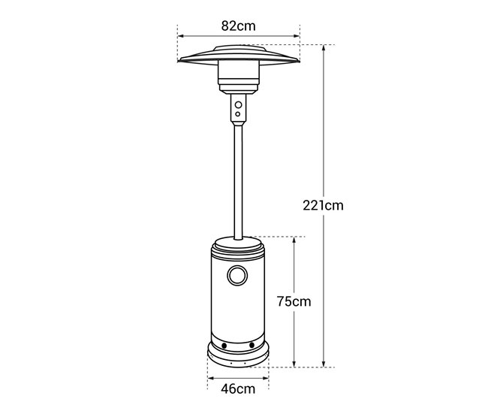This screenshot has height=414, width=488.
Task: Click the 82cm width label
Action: click(x=239, y=26)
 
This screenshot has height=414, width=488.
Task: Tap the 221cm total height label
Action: click(x=323, y=205)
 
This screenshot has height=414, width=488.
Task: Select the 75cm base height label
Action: click(x=294, y=301)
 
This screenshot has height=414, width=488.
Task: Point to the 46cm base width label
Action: click(x=238, y=388)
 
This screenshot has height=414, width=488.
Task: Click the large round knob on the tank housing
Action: click(x=237, y=276)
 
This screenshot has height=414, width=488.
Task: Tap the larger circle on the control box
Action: click(x=239, y=104)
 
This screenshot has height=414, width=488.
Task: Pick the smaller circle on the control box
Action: click(x=238, y=114)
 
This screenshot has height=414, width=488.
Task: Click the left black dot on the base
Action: click(x=224, y=346)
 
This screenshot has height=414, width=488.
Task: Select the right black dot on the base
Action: click(x=252, y=345)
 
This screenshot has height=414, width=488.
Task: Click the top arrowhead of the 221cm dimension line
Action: click(x=324, y=47)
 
